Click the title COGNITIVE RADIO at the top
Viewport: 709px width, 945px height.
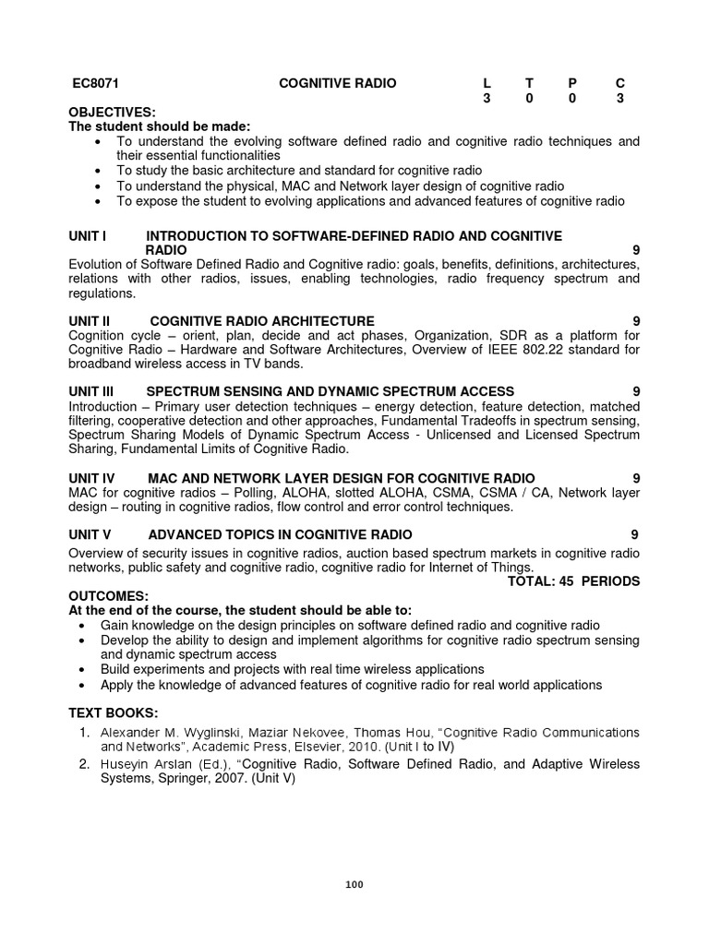(337, 84)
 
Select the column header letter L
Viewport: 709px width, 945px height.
(487, 84)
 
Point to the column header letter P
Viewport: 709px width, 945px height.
(571, 84)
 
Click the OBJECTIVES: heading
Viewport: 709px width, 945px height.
(112, 113)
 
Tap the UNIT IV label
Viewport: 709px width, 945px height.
(91, 478)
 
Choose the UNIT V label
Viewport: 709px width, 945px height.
(90, 534)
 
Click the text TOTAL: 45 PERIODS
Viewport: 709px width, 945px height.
(573, 581)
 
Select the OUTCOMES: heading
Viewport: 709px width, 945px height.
(108, 596)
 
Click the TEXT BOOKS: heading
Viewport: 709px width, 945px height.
(114, 713)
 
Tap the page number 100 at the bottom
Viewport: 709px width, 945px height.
(354, 884)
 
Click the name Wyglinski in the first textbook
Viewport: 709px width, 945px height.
(198, 733)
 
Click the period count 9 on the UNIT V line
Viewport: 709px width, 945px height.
(634, 534)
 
